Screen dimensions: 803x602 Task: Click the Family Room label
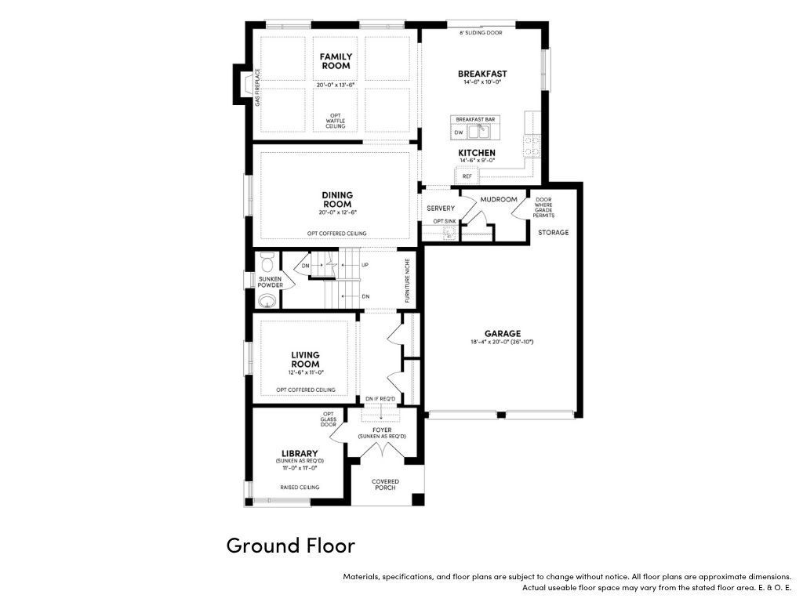tap(336, 61)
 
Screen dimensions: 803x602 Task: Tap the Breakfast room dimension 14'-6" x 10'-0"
tap(482, 82)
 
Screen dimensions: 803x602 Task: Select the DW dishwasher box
tap(459, 132)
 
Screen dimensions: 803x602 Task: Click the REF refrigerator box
tap(467, 176)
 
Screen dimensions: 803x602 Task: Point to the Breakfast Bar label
tap(475, 119)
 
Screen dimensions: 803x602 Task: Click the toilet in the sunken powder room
tap(267, 263)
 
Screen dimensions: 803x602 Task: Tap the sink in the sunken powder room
tap(267, 301)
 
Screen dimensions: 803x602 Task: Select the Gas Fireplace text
tap(257, 88)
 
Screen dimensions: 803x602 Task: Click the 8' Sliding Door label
tap(481, 33)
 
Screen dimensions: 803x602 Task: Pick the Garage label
tap(503, 334)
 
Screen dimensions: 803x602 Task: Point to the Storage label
tap(553, 232)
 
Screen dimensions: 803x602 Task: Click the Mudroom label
tap(499, 199)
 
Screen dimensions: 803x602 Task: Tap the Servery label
tap(441, 209)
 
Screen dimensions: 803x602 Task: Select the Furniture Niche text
tap(408, 280)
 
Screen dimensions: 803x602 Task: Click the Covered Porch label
tap(385, 484)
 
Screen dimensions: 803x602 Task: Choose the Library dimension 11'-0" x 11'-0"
tap(300, 468)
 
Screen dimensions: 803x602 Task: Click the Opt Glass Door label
tap(329, 419)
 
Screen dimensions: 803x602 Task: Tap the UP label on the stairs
tap(365, 265)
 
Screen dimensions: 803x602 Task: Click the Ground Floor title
tap(290, 546)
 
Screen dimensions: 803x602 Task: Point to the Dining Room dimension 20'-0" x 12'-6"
tap(337, 212)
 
